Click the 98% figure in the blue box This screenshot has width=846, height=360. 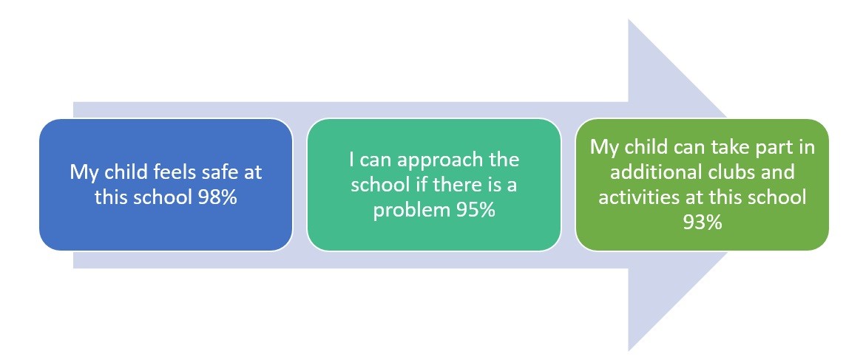tap(217, 197)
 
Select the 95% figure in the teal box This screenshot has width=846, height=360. tap(475, 209)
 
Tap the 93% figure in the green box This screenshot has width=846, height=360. tap(702, 222)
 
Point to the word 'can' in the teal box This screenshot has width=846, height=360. tap(370, 161)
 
